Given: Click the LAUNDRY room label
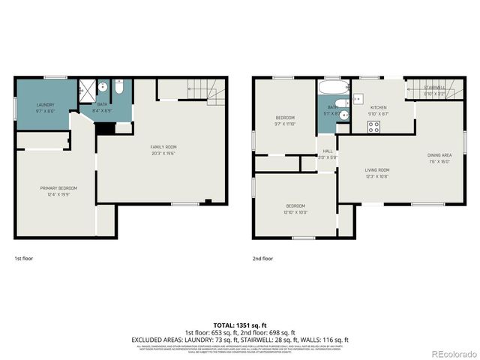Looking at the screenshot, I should click(x=45, y=106).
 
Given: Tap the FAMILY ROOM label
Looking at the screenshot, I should click(x=163, y=146).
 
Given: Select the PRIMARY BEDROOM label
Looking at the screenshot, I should click(x=58, y=187).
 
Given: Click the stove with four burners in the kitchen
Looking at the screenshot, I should click(x=373, y=125).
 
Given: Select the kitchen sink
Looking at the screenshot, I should click(x=358, y=97).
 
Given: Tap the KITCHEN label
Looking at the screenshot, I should click(x=378, y=108).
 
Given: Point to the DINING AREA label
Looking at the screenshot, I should click(x=439, y=154).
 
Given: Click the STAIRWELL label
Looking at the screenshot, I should click(x=433, y=88).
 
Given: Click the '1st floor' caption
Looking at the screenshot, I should click(x=24, y=258).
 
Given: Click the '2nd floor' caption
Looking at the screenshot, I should click(x=263, y=258).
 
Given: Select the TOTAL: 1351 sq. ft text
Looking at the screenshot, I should click(x=240, y=325).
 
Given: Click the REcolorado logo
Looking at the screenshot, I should click(x=452, y=354).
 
